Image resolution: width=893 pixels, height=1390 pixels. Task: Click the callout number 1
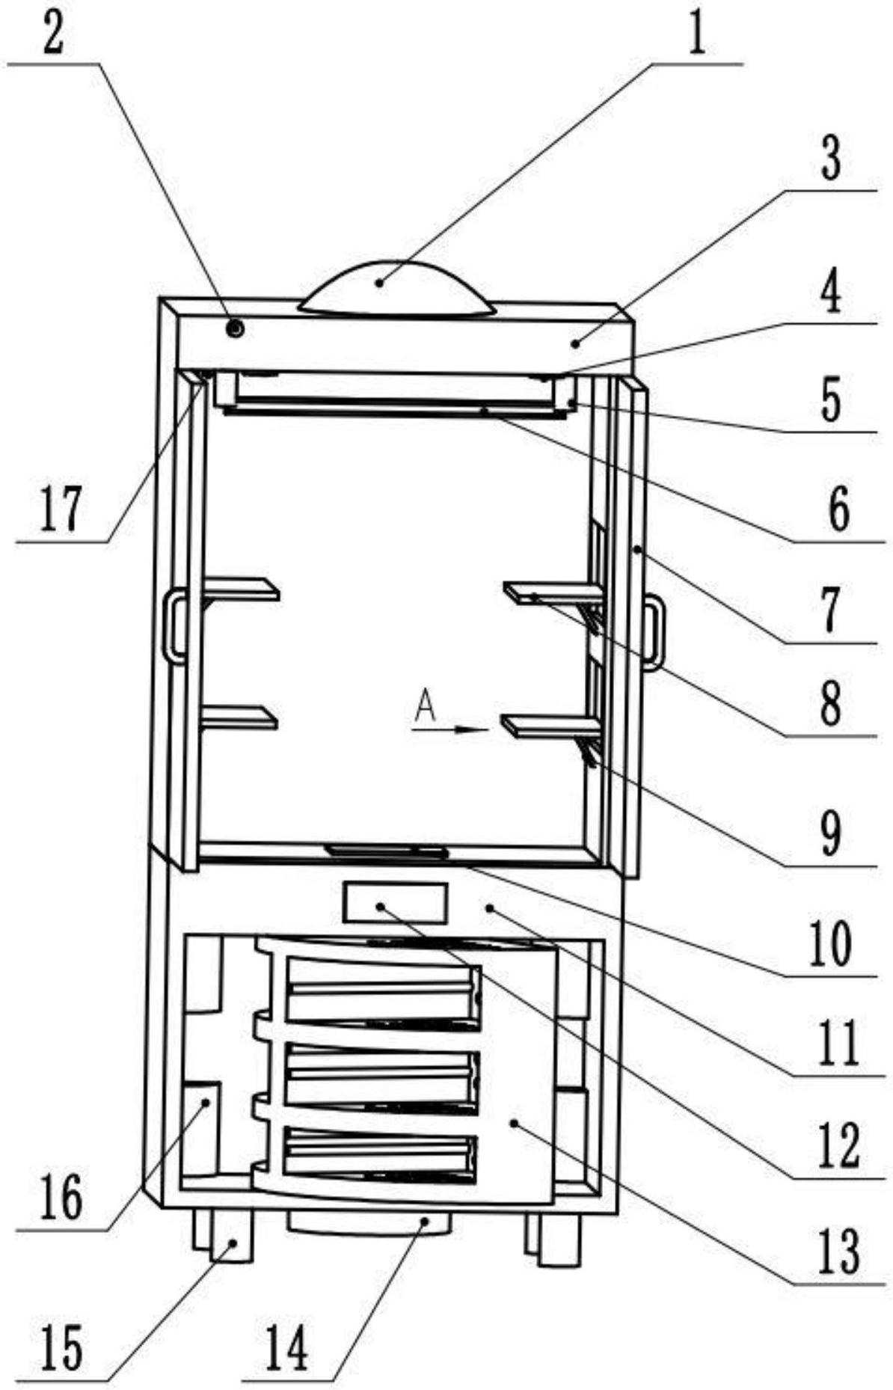[x=696, y=34]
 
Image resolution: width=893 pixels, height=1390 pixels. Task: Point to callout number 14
[x=286, y=1350]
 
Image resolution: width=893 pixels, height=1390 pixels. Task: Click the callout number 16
[x=61, y=1195]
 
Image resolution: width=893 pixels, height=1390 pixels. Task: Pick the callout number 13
[x=838, y=1251]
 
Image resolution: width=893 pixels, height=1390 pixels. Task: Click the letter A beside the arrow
[x=425, y=705]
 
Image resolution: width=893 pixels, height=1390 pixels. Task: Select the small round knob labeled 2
[x=236, y=328]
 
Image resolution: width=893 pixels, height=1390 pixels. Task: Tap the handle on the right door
[x=655, y=631]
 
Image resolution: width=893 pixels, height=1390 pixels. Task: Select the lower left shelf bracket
[x=239, y=717]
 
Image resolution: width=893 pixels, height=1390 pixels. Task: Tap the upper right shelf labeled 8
[x=551, y=593]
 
